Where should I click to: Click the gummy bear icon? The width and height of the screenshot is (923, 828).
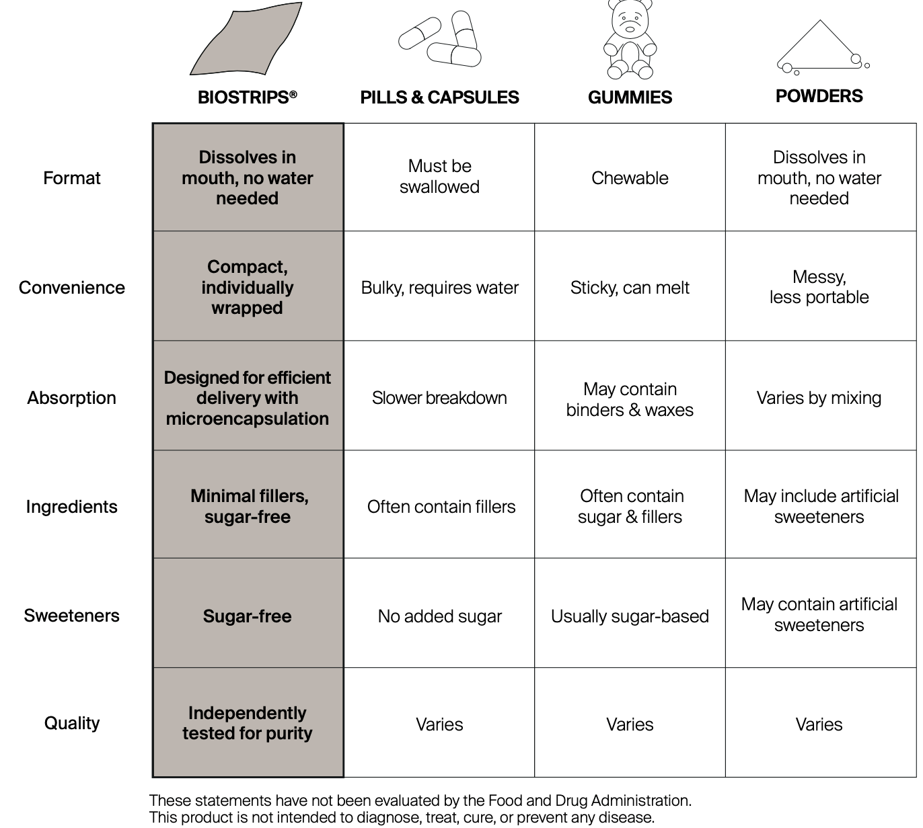click(x=629, y=40)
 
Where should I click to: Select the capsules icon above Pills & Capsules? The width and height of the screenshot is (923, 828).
click(x=441, y=39)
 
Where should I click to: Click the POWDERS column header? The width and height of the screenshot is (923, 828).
click(x=819, y=96)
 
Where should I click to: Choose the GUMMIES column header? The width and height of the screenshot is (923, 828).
click(x=630, y=97)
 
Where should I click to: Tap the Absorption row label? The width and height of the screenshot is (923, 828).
click(x=71, y=398)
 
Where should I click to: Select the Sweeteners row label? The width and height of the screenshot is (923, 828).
click(x=71, y=616)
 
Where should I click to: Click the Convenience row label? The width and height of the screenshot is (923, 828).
click(x=71, y=288)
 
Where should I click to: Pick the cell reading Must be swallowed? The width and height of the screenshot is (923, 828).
click(x=439, y=177)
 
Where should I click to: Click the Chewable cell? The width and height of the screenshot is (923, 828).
click(x=630, y=178)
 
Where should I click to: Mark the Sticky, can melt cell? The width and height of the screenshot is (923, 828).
click(x=630, y=288)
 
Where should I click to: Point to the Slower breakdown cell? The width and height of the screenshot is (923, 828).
click(x=439, y=398)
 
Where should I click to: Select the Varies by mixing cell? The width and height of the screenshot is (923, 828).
click(x=819, y=398)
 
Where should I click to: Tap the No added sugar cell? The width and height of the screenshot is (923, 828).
click(x=439, y=616)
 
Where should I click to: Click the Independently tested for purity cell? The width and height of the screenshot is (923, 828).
click(x=248, y=723)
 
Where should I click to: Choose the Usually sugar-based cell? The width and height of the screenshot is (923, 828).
click(x=630, y=616)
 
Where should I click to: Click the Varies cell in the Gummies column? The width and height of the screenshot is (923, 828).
click(x=630, y=724)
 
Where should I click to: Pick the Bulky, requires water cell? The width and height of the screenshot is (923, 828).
click(x=439, y=288)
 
